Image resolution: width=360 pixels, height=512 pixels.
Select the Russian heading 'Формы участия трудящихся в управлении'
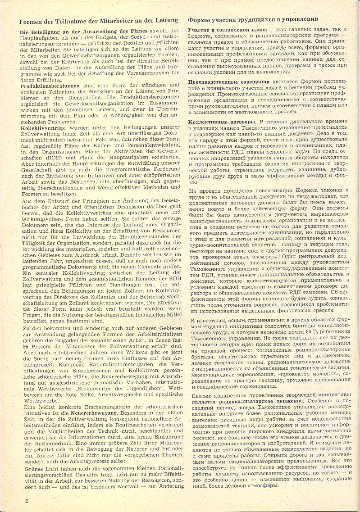click(x=253, y=20)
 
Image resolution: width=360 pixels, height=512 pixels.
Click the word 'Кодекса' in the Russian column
click(x=308, y=191)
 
